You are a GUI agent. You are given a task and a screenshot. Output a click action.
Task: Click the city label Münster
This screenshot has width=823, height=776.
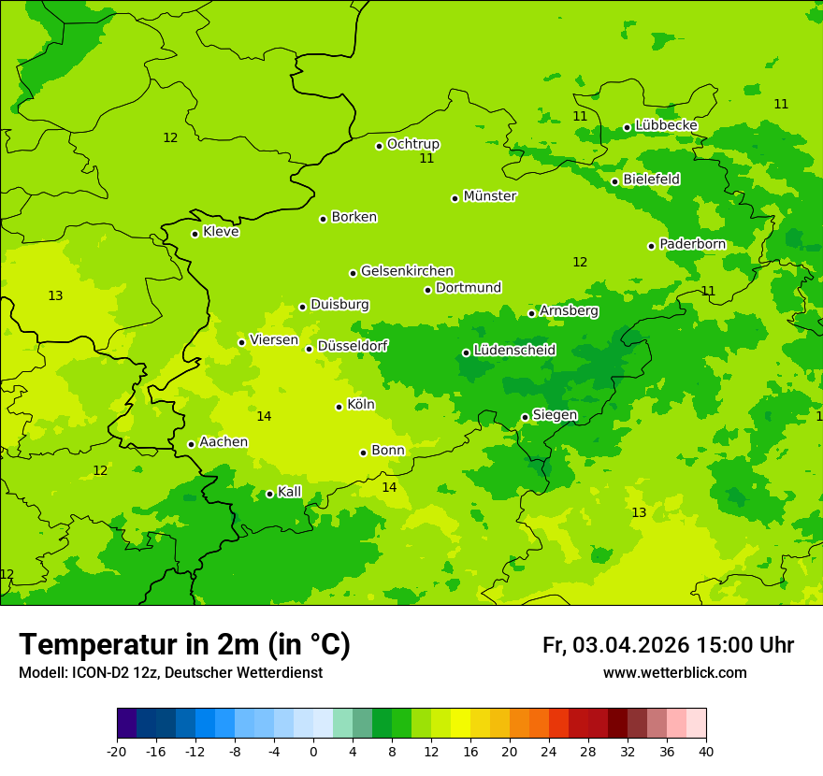(490, 196)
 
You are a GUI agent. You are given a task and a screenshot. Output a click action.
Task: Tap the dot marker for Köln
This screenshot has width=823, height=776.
(339, 407)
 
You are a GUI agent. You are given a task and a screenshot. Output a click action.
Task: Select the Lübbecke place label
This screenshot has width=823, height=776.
(666, 125)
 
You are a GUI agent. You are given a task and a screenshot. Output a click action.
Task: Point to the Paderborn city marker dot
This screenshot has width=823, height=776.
(651, 246)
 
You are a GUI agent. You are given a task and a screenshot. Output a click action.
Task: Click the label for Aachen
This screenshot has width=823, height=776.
(224, 442)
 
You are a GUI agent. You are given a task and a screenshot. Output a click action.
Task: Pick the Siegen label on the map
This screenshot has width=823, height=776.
(555, 415)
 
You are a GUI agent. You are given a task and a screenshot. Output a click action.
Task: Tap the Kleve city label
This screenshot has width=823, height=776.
(221, 232)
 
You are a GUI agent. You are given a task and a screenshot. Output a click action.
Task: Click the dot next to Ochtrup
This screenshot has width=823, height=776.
(379, 146)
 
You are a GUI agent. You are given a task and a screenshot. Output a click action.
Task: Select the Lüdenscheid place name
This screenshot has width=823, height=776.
(514, 351)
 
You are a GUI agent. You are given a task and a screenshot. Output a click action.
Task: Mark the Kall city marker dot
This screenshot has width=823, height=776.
(269, 494)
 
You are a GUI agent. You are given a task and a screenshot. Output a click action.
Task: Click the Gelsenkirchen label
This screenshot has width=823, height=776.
(407, 271)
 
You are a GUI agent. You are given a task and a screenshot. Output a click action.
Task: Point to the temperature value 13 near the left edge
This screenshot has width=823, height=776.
(55, 296)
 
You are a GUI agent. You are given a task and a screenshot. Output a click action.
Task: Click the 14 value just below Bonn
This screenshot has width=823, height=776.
(389, 487)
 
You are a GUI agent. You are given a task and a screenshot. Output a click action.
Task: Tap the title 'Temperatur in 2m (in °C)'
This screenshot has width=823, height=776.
(184, 645)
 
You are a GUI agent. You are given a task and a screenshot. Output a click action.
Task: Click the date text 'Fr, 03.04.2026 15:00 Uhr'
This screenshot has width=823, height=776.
(668, 645)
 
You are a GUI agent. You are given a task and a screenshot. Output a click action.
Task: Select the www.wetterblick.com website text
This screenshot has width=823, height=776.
(674, 673)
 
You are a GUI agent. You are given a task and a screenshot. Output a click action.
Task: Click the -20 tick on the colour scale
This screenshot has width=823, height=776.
(117, 751)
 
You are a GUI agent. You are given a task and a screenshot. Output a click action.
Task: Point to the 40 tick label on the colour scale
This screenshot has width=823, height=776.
(705, 751)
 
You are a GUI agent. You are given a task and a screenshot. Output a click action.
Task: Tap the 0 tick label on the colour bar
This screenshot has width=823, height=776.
(313, 751)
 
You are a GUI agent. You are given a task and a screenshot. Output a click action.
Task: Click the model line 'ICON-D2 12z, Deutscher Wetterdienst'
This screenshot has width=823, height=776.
(170, 673)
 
